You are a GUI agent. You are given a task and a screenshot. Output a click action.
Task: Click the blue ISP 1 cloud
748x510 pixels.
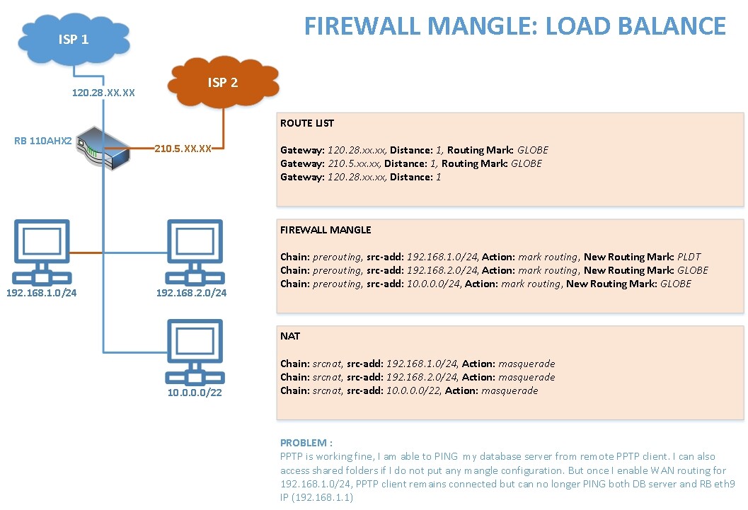click(74, 39)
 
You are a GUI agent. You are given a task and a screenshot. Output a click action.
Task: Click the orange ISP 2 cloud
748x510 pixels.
click(222, 83)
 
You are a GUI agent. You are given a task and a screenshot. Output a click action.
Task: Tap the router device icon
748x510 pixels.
click(102, 146)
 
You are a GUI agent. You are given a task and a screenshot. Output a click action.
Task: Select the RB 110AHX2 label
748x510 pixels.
click(42, 141)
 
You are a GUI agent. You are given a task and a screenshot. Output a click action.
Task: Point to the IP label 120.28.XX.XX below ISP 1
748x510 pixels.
click(103, 93)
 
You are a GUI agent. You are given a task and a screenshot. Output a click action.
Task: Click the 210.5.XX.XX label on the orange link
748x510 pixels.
click(183, 149)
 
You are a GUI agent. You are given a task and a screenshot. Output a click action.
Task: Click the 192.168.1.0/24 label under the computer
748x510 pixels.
click(41, 292)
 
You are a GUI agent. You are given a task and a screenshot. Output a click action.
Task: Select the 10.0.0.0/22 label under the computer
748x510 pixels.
click(194, 393)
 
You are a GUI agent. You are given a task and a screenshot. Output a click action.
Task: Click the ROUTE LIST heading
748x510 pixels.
click(307, 123)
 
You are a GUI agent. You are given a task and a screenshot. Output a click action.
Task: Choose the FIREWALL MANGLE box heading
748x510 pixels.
click(326, 230)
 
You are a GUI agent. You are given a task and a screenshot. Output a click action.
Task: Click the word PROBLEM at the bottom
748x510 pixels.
click(304, 443)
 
